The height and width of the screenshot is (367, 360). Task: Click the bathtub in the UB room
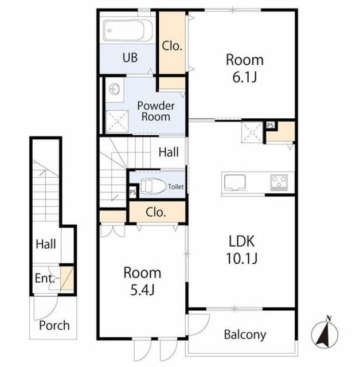coord(128,30)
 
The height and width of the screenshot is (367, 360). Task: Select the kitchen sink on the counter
coord(234,183)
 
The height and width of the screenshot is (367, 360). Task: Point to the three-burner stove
coord(279,182)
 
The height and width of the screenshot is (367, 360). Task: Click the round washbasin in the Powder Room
coord(115,89)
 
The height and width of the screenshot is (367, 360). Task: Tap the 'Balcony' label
coord(245,335)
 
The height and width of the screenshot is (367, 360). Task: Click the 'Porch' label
coord(54,325)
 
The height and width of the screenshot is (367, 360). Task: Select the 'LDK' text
coord(241,241)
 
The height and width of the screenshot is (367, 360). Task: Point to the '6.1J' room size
coord(245,77)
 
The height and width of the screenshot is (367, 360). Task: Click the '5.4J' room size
coord(142,291)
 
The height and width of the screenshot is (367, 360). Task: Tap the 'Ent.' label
coord(45,279)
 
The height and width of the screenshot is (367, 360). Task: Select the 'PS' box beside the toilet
coord(132,192)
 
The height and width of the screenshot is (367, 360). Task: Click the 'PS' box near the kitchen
coord(271,125)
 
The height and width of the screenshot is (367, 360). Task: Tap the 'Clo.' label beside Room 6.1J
coord(172,46)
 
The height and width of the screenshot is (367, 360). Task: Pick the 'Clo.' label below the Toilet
coord(156,213)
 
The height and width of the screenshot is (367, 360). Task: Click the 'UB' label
coord(130,57)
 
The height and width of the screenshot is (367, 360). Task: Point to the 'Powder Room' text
coord(156,111)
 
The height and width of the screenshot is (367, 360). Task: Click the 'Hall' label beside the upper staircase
coord(169,152)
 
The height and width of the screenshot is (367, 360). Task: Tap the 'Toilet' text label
coord(176,187)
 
